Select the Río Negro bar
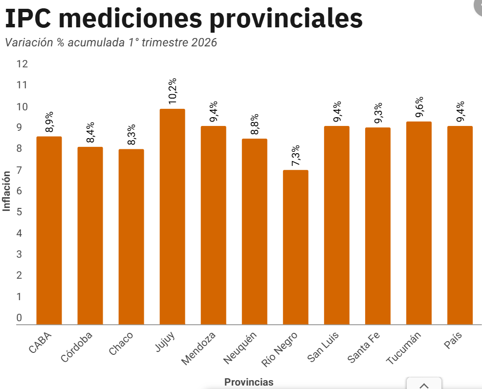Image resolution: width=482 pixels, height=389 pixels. pos(295,247)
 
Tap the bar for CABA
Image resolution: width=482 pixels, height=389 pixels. pos(49,230)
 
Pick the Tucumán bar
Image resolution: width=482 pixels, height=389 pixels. pos(419,223)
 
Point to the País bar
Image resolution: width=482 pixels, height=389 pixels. pos(460,225)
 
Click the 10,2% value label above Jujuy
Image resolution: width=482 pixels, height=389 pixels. pos(173,91)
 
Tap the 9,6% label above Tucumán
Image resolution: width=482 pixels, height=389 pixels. pos(419,107)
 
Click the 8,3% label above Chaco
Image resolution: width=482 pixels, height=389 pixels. pos(131,135)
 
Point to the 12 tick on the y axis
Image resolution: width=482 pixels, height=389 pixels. pos(22,64)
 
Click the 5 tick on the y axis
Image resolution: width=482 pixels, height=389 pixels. pos(20,212)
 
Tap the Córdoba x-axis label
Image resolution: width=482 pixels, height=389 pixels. pos(76,347)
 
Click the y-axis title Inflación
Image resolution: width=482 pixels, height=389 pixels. pos(6,190)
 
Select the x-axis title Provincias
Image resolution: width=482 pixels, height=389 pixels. pos(249,382)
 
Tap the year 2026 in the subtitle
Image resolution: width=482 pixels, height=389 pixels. pos(204,42)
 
